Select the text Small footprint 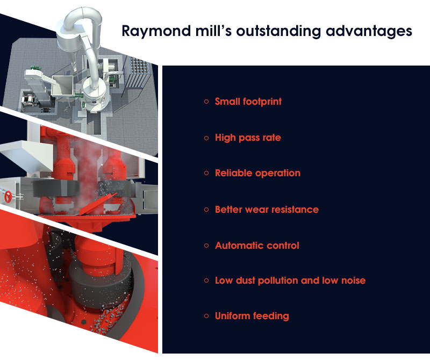(248, 102)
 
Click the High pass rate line (248, 138)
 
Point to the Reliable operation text (257, 173)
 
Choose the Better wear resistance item (267, 209)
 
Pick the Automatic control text (257, 245)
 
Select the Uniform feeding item (252, 316)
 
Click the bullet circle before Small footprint (206, 102)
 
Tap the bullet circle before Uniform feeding (206, 316)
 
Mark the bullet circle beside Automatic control (206, 245)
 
